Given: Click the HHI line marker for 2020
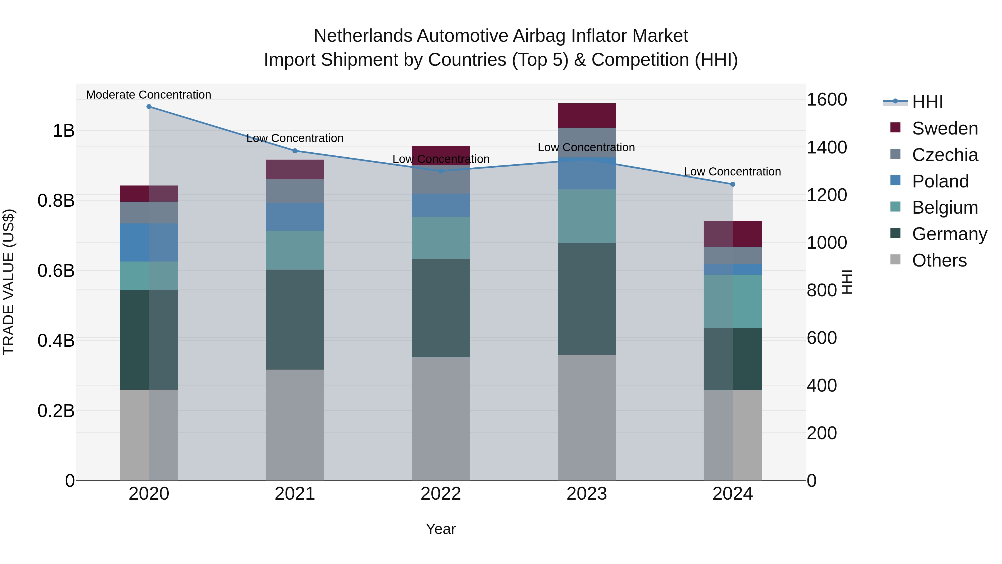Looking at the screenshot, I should [149, 107].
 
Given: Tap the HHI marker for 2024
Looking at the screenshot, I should [733, 184].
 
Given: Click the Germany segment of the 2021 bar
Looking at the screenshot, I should [295, 319].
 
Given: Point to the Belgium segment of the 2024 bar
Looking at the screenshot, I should [733, 301].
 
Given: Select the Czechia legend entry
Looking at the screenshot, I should [944, 155].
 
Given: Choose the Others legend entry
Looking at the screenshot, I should [939, 260].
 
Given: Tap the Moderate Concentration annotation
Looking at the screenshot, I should [149, 95].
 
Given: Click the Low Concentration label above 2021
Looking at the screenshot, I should [295, 138].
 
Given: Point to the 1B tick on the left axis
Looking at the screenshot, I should [63, 131].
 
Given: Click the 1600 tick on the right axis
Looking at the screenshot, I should [827, 100].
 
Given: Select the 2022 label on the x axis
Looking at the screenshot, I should [441, 494].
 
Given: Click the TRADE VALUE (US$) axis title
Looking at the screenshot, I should [9, 282].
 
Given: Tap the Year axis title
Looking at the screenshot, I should [441, 529].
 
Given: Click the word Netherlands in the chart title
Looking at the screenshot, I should [363, 36].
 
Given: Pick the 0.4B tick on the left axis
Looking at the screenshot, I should [56, 341].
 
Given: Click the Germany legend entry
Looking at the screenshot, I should [949, 234].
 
